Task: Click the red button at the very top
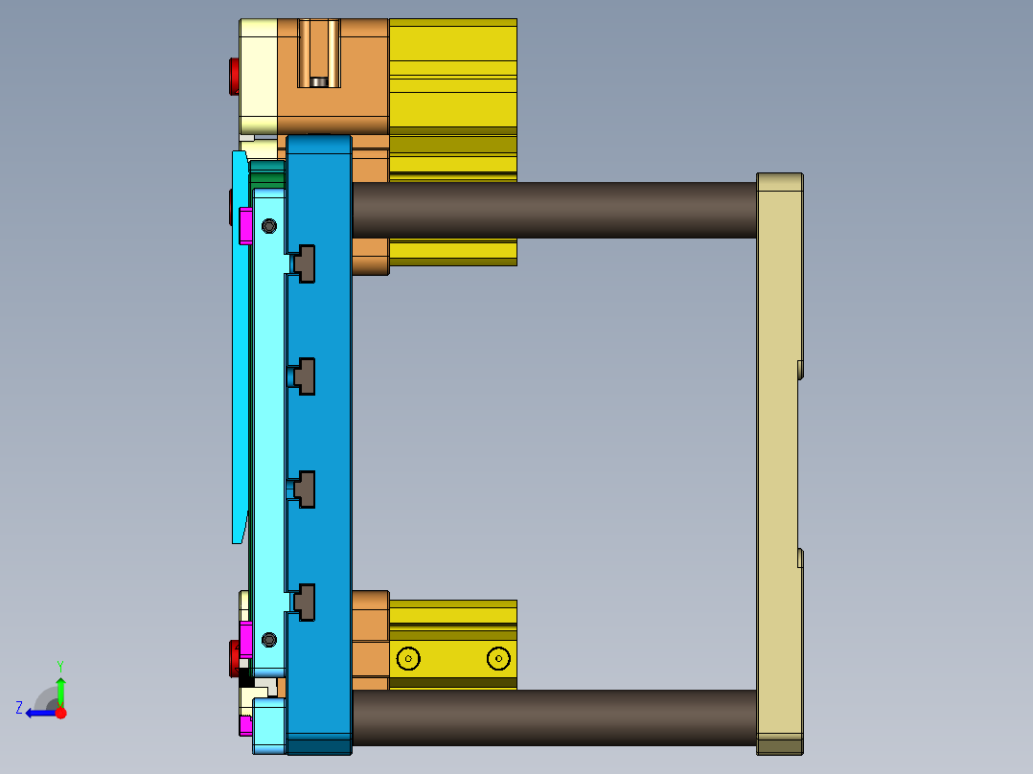pos(233,77)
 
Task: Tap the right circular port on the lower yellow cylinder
pos(497,658)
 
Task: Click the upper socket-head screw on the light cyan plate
pos(268,226)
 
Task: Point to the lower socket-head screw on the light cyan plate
pos(268,639)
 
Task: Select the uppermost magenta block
pos(245,226)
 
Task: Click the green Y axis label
pos(59,665)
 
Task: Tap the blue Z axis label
pos(19,708)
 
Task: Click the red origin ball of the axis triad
pos(60,713)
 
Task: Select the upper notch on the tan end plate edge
pos(800,369)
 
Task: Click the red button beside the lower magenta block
pos(233,658)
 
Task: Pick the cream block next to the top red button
pos(258,77)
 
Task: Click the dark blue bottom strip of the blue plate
pos(319,746)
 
